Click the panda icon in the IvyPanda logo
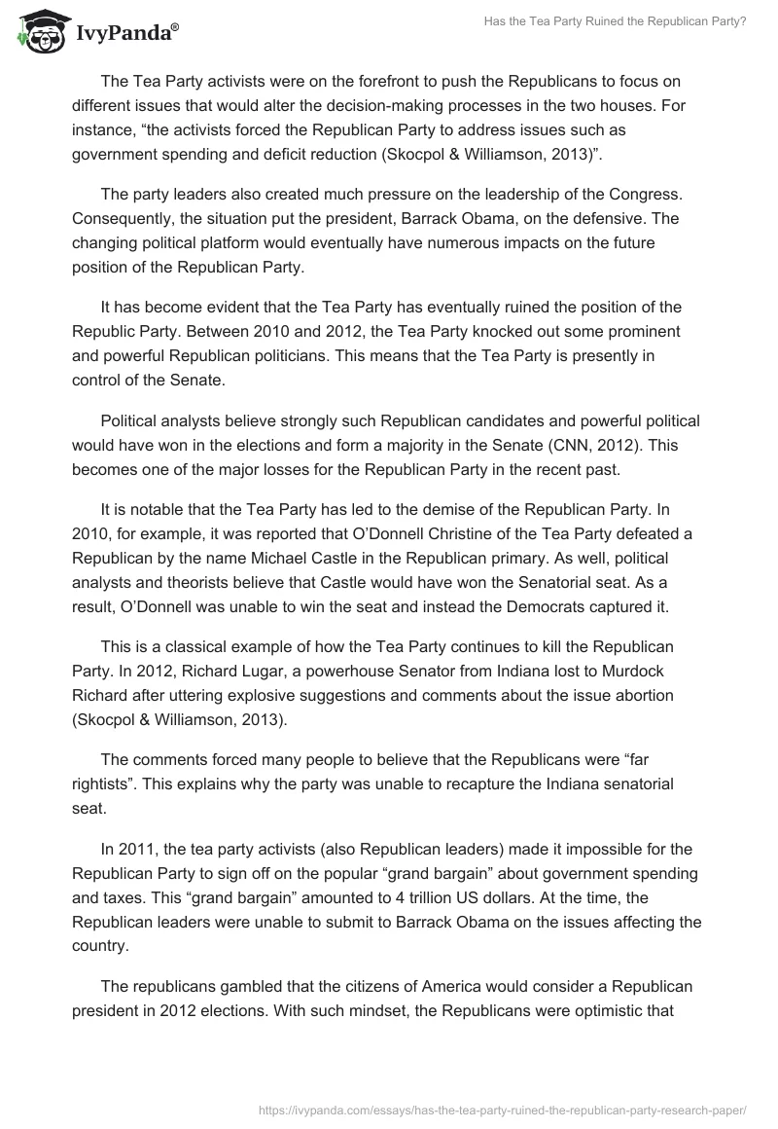(x=36, y=34)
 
